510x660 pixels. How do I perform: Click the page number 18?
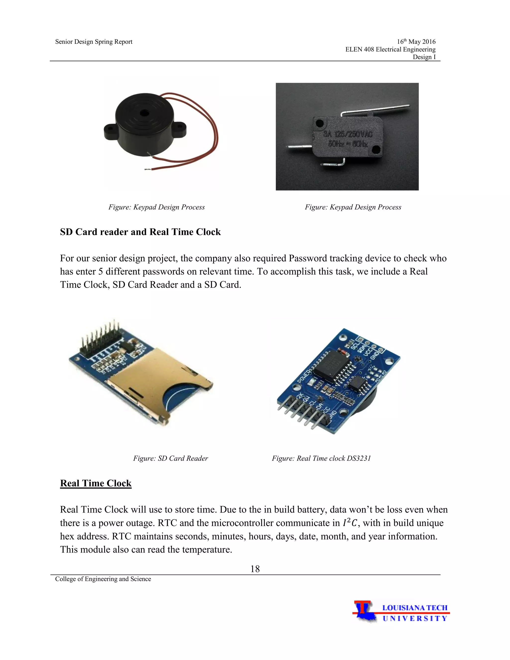pos(255,569)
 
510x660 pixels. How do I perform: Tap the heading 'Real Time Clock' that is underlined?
pos(96,483)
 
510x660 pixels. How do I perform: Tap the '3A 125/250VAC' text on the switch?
pos(348,134)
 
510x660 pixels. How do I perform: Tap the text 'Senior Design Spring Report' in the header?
pos(94,42)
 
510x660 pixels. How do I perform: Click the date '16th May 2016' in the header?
pos(416,41)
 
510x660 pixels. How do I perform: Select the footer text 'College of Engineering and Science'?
pos(103,579)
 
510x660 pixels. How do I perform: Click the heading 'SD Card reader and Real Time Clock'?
pos(140,232)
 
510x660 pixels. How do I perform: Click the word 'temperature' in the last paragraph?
pos(207,549)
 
